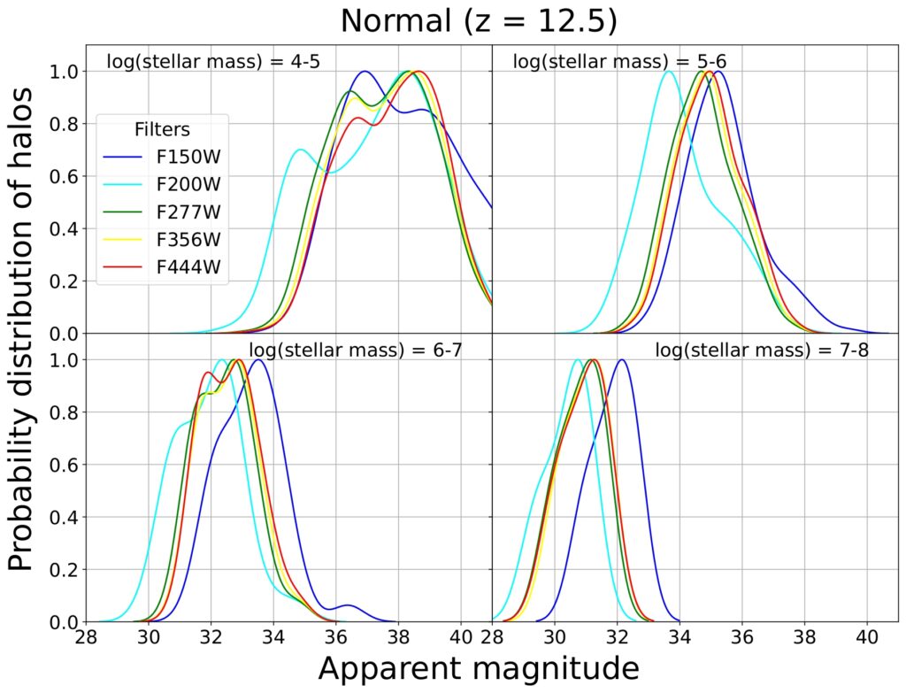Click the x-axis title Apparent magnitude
click(478, 668)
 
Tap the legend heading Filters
click(162, 129)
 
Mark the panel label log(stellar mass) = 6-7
click(356, 350)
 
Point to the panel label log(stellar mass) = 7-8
click(762, 350)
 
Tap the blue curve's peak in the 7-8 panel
click(622, 360)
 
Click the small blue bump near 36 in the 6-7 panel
click(348, 605)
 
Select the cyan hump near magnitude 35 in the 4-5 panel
click(301, 150)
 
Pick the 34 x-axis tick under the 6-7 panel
click(273, 636)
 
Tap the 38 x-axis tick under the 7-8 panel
click(804, 636)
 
